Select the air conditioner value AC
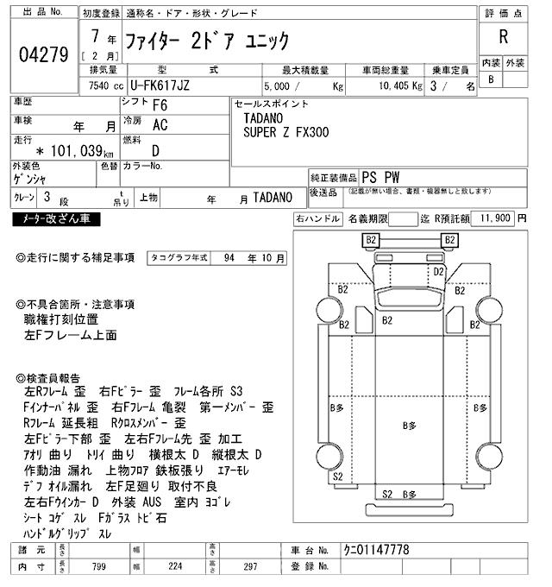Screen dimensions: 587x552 [x=159, y=125]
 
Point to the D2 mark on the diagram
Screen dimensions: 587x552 [x=438, y=272]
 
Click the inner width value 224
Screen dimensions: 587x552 [x=175, y=566]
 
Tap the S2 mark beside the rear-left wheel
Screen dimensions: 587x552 [x=337, y=477]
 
